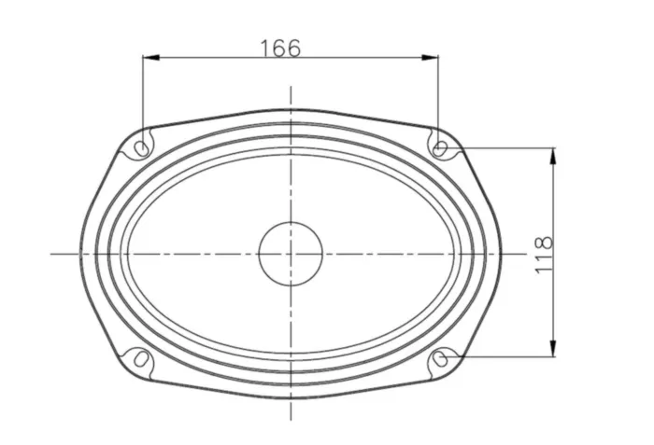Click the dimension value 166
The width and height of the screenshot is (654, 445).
(280, 48)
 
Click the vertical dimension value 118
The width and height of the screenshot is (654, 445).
(544, 255)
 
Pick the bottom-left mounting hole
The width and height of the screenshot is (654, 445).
(140, 358)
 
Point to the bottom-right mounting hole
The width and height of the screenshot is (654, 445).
(442, 359)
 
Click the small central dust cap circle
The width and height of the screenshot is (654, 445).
(291, 253)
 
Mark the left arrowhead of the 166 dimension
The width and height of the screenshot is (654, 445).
(149, 58)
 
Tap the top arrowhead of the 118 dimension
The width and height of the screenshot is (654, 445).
(555, 156)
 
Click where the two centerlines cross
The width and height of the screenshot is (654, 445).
(291, 253)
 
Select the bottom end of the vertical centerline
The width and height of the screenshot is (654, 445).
(291, 420)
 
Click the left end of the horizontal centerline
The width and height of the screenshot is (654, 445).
(52, 253)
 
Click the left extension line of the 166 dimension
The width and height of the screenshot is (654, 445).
(142, 93)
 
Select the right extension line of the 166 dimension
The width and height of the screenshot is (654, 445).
(438, 93)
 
